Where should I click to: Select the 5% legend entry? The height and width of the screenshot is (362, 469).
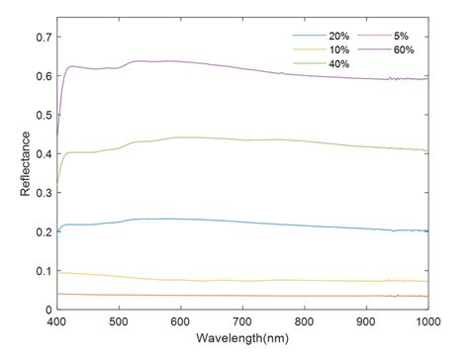[410, 35]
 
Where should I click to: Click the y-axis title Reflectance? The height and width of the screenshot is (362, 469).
[24, 164]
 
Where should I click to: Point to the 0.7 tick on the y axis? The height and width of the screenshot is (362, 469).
[41, 38]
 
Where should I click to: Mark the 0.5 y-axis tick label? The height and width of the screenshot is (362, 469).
[41, 115]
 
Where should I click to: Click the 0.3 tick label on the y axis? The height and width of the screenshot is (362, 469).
[41, 193]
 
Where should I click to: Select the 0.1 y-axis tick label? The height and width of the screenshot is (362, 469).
[41, 270]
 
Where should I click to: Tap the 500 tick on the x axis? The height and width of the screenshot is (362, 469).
[119, 322]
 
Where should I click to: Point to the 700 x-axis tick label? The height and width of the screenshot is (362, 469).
[242, 322]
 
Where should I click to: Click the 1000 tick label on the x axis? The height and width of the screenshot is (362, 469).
[427, 322]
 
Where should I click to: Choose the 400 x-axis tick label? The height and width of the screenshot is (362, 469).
[57, 322]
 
